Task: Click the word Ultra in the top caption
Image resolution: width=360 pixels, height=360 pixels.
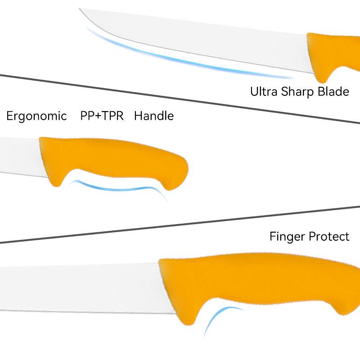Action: click(264, 92)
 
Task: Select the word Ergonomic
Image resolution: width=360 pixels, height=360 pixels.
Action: click(36, 116)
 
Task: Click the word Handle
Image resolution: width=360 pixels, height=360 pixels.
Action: click(154, 116)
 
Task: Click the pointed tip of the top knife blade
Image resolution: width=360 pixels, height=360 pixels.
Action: click(81, 9)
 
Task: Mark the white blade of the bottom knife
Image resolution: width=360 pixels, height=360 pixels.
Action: click(81, 288)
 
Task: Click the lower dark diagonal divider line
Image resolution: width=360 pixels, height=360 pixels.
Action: click(180, 225)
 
